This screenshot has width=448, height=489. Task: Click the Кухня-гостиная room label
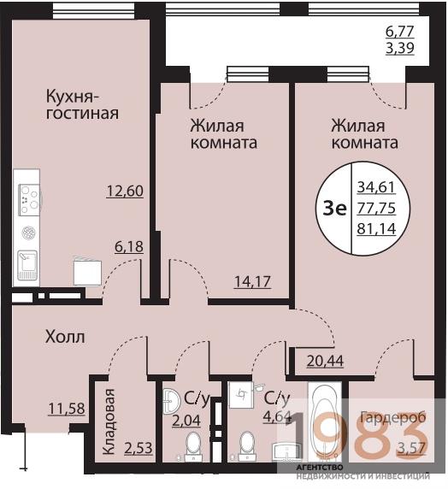click(x=82, y=103)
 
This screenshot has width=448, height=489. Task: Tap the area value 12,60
click(x=124, y=191)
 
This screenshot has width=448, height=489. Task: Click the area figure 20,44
click(x=327, y=361)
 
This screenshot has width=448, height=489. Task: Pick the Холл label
click(x=65, y=337)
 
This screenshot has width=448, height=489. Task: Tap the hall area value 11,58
click(x=66, y=409)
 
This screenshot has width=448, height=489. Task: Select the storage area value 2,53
click(x=138, y=447)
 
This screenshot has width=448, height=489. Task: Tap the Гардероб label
click(x=391, y=418)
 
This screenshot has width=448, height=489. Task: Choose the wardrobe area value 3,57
click(x=412, y=447)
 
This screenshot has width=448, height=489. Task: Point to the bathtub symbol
click(x=326, y=419)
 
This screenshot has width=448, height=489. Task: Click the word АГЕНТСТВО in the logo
click(x=320, y=467)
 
